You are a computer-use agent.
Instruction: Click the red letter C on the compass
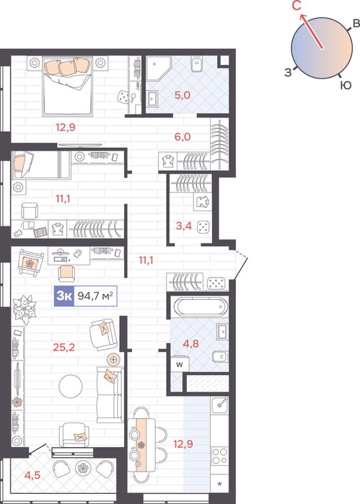(x=297, y=6)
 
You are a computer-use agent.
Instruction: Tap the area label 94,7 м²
(x=95, y=296)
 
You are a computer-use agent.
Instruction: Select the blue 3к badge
(x=64, y=296)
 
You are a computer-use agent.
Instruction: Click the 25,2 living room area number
(x=63, y=347)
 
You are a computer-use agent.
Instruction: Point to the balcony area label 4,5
(x=32, y=474)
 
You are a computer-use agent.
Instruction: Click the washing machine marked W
(x=180, y=364)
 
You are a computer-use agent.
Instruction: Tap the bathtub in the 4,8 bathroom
(x=201, y=306)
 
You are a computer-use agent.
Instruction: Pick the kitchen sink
(x=220, y=405)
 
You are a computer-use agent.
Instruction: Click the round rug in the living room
(x=71, y=386)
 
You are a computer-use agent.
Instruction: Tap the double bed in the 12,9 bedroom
(x=68, y=86)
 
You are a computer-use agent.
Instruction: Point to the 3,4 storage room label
(x=184, y=226)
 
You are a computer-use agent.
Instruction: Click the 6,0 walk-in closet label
(x=183, y=137)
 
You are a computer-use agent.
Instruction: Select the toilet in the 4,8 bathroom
(x=220, y=356)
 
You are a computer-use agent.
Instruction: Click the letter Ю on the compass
(x=346, y=86)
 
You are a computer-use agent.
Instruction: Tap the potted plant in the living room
(x=25, y=309)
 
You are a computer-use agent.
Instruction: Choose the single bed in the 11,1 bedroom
(x=41, y=164)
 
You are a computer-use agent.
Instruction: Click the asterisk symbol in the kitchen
(x=220, y=483)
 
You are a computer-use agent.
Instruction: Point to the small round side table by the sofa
(x=113, y=359)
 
